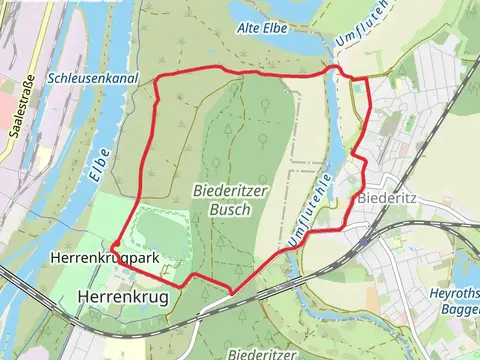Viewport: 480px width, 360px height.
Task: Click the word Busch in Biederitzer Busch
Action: (230, 211)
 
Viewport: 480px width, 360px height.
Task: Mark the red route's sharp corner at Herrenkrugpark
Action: (113, 243)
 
